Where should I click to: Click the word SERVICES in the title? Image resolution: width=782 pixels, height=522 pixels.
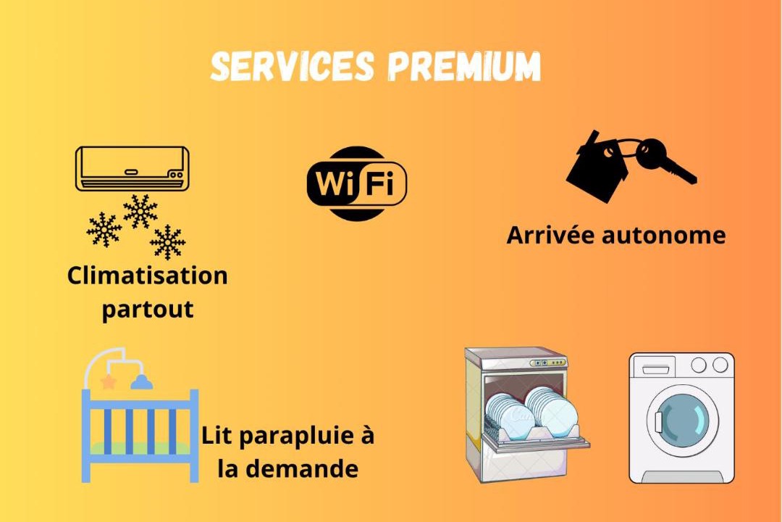pos(293,67)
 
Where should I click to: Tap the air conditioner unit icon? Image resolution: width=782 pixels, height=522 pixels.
pos(132,168)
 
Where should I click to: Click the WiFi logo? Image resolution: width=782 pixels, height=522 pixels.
pos(356,183)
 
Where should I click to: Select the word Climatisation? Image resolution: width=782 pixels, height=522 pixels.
pos(147,275)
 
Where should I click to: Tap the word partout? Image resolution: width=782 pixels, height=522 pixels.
pos(148,310)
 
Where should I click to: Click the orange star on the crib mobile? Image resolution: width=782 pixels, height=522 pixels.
pos(109,381)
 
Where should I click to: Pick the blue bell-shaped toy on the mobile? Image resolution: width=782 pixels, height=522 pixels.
pos(140,381)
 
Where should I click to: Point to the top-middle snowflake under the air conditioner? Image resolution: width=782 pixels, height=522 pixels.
pos(140,211)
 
